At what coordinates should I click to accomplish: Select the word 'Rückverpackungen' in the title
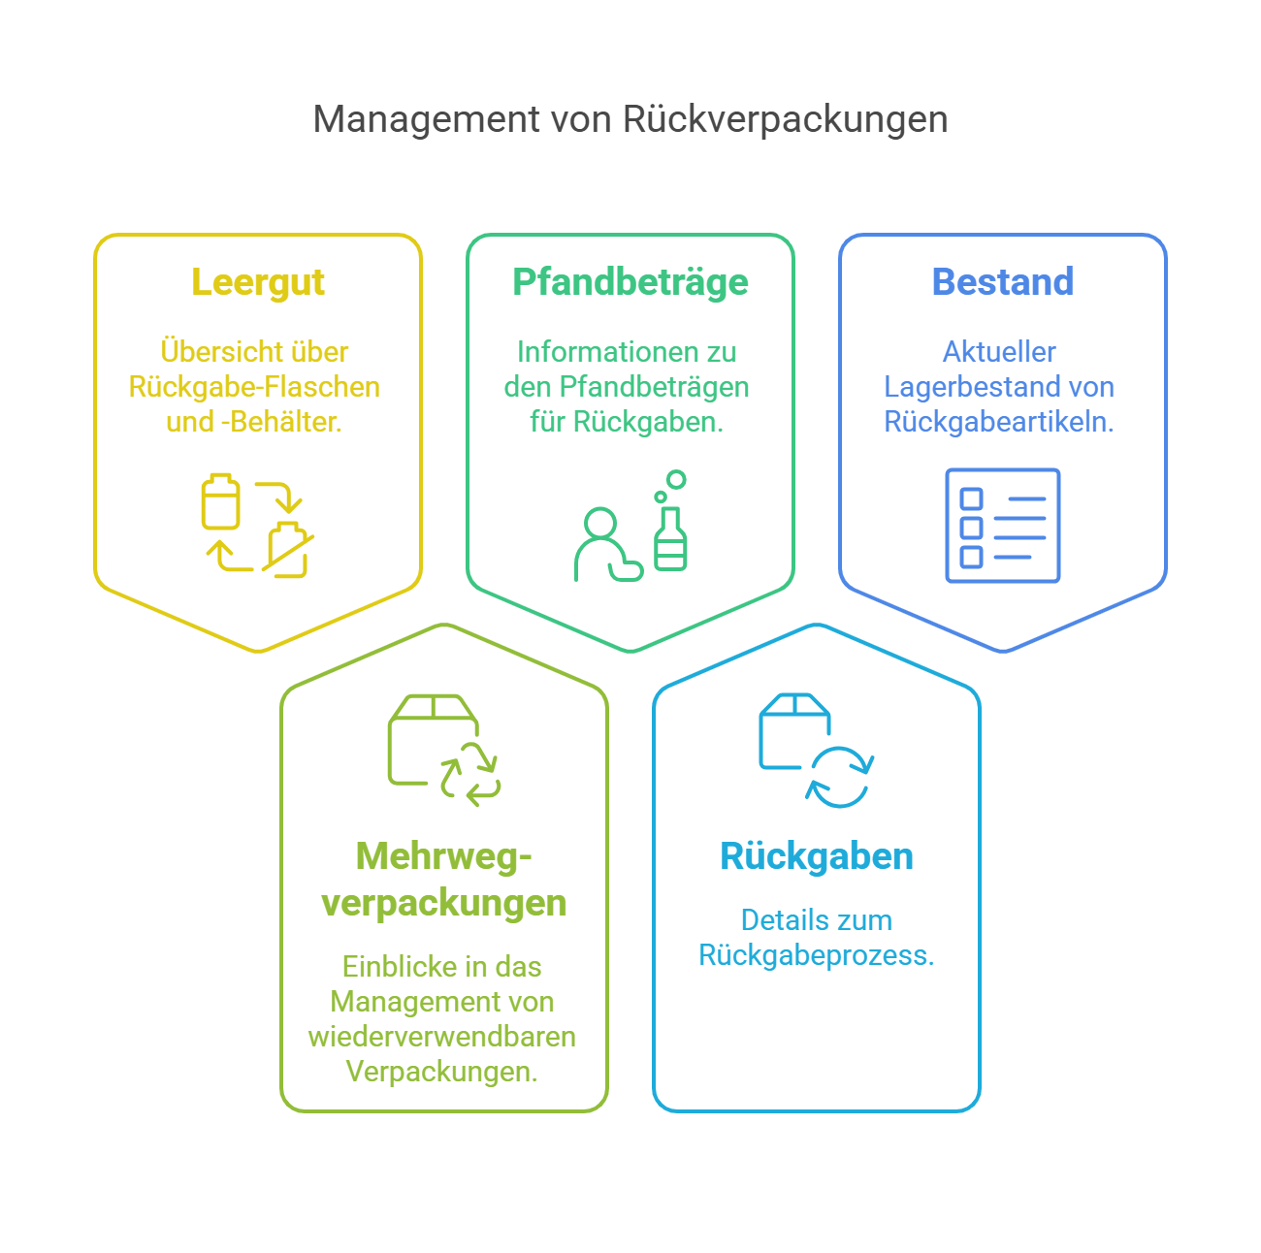tap(785, 119)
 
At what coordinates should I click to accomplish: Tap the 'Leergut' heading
tap(258, 282)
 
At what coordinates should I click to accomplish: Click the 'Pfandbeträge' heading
tap(630, 282)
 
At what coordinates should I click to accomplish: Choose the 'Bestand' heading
tap(1002, 282)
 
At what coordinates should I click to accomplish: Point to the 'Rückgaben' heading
tap(817, 856)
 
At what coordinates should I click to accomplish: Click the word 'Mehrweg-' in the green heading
tap(444, 856)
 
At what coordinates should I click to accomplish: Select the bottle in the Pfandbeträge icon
tap(670, 538)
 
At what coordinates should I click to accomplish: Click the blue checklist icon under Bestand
tap(1002, 525)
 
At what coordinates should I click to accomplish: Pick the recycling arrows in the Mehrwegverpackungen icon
tap(470, 773)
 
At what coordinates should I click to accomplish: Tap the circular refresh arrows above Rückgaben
tap(840, 777)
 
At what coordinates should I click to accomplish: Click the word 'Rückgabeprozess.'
tap(817, 955)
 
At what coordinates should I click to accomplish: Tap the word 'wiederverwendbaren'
tap(442, 1037)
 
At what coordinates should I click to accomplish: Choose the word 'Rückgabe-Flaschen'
tap(254, 387)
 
